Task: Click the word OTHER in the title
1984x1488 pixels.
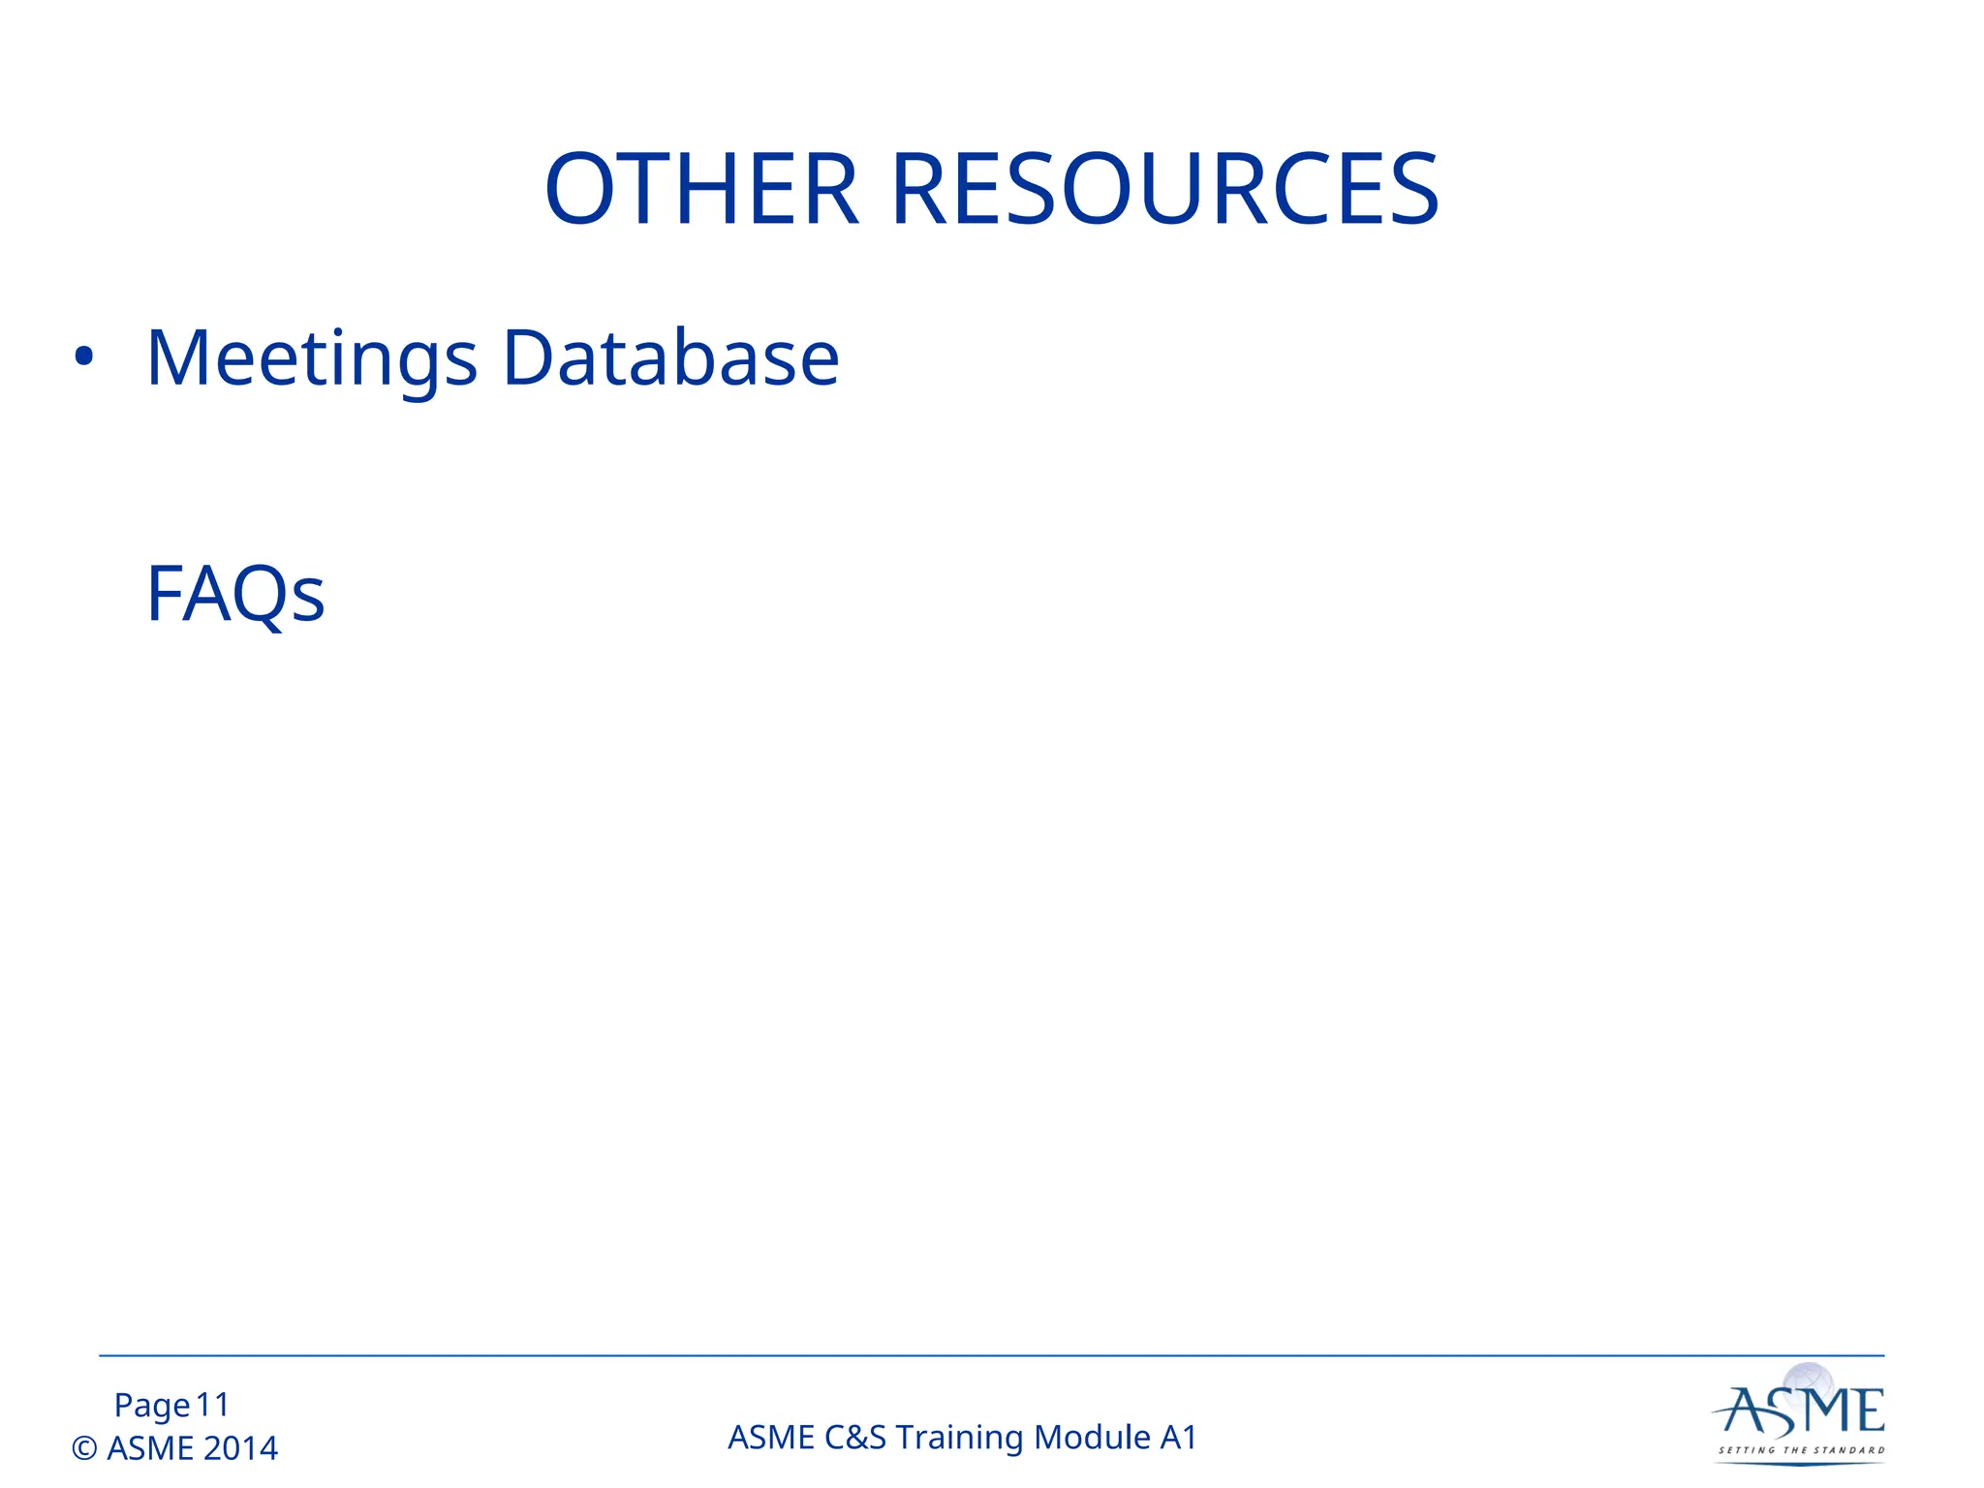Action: click(x=701, y=190)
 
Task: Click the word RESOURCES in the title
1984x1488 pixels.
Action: click(x=1164, y=190)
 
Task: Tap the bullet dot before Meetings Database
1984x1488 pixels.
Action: click(x=84, y=357)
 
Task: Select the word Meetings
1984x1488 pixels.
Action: click(x=312, y=358)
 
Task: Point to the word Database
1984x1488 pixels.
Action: click(x=670, y=358)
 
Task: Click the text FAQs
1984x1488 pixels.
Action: click(x=235, y=594)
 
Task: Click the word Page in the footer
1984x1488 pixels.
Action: click(x=152, y=1405)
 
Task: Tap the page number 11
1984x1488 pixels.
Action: click(x=212, y=1405)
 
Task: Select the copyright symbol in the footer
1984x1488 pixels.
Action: click(x=84, y=1448)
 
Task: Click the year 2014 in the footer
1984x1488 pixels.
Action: click(x=240, y=1448)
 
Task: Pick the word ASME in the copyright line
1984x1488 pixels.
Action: click(x=150, y=1448)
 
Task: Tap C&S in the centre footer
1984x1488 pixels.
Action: click(x=855, y=1438)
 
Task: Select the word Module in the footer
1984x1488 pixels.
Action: click(x=1093, y=1438)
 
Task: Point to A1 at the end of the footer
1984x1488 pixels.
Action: click(x=1178, y=1438)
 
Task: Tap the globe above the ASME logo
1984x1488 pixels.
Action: click(x=1809, y=1379)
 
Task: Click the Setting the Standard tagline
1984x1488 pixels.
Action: click(x=1801, y=1450)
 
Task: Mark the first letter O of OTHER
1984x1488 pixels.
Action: click(x=581, y=190)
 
